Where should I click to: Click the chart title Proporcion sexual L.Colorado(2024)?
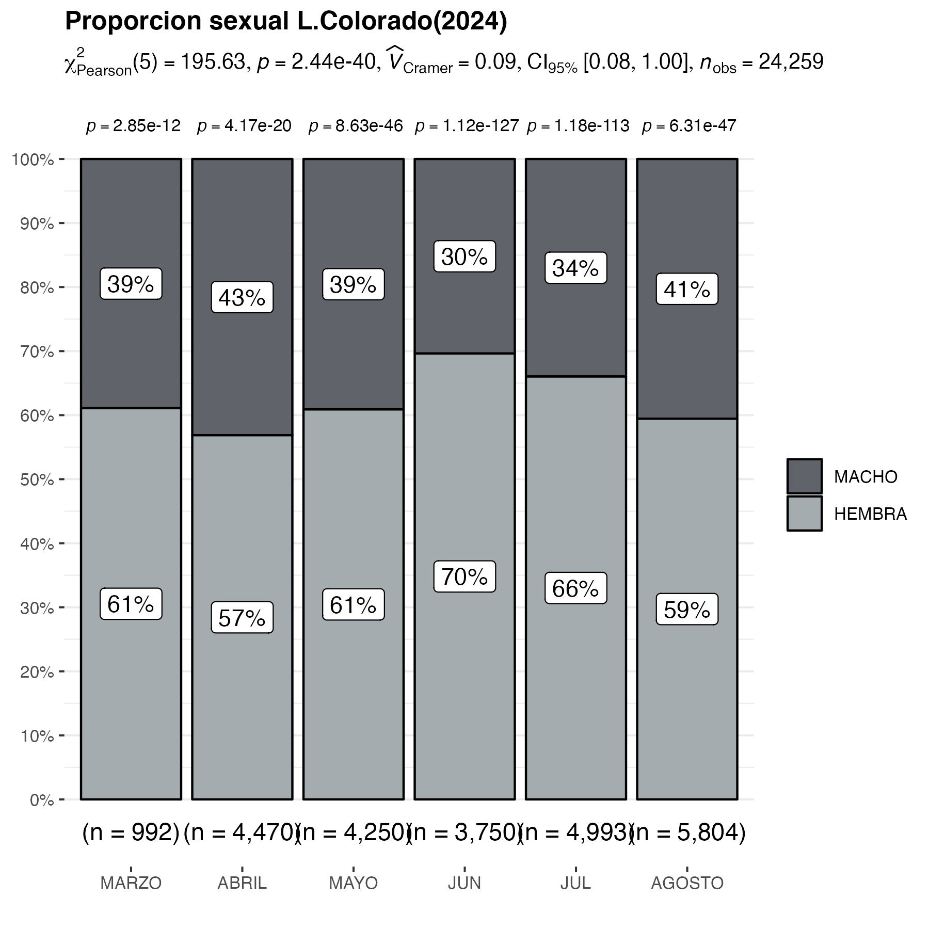click(286, 22)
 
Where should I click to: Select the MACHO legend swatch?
click(804, 476)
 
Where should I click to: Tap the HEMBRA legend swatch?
click(804, 514)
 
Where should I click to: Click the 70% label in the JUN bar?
click(464, 576)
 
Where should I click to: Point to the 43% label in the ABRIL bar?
click(242, 297)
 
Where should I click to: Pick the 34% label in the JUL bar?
click(575, 268)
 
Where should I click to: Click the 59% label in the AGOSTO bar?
click(687, 610)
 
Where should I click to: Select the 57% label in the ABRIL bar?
click(242, 618)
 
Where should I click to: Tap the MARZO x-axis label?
click(131, 883)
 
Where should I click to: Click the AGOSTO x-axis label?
click(687, 883)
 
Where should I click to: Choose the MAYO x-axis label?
click(354, 883)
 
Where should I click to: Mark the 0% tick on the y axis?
click(41, 800)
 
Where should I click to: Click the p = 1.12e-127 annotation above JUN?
click(467, 126)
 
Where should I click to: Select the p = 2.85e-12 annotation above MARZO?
click(133, 126)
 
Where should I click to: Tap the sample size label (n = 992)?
click(131, 832)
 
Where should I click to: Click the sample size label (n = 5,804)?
click(688, 832)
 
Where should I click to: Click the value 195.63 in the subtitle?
click(213, 62)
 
